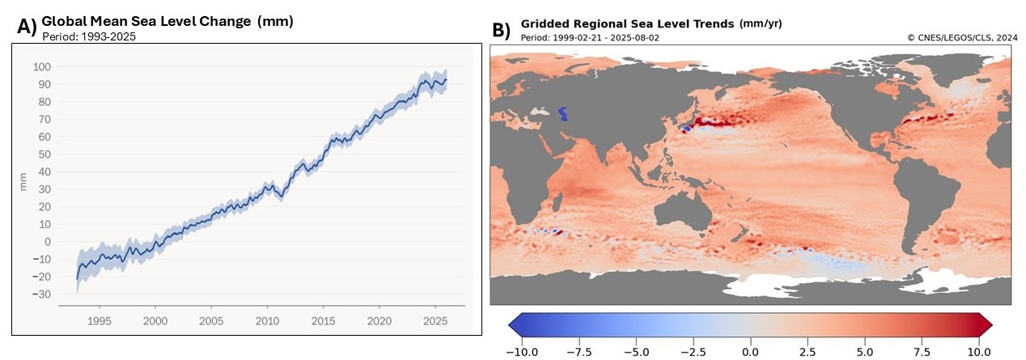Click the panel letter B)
502,30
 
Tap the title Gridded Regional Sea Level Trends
627,23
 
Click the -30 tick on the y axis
40,294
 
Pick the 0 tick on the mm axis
46,241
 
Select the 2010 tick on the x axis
266,321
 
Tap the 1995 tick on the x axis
99,321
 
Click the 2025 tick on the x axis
434,321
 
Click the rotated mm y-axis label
23,185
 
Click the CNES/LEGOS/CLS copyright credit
962,37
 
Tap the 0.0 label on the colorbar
750,352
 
